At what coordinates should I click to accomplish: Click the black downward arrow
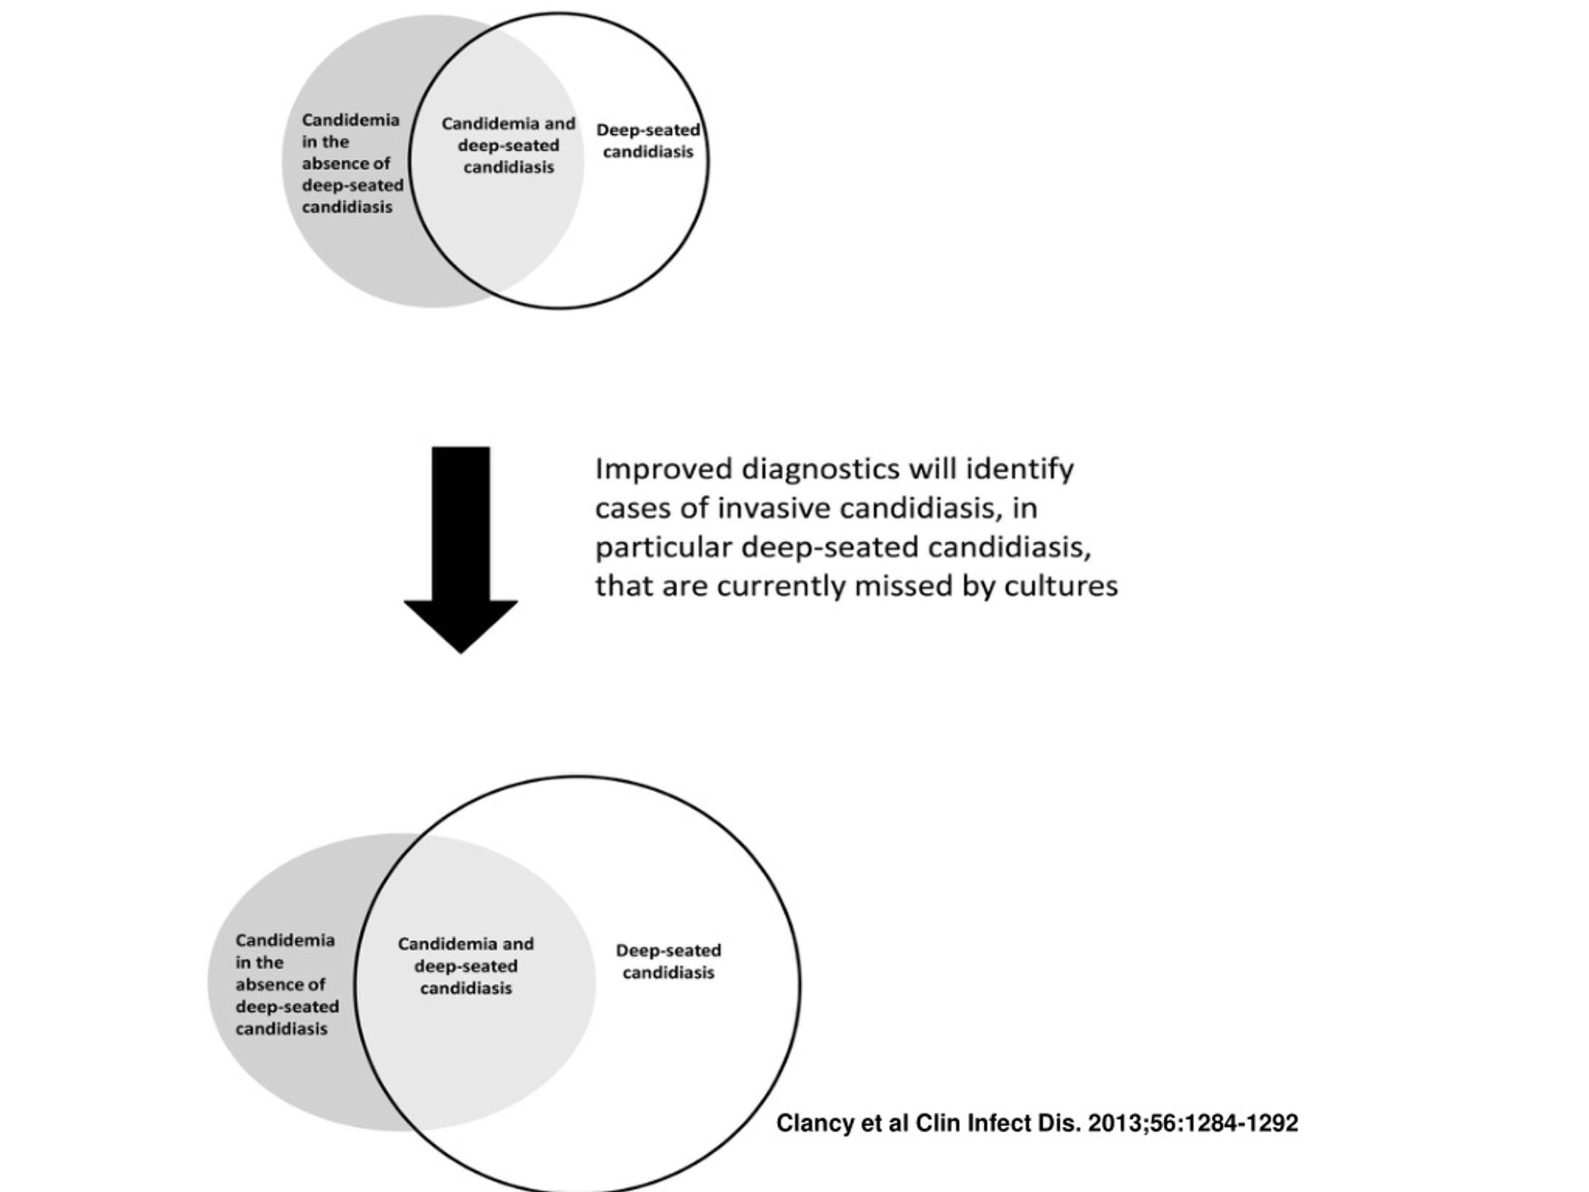[461, 549]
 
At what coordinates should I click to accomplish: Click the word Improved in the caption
[664, 470]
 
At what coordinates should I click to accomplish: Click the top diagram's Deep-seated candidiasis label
[648, 141]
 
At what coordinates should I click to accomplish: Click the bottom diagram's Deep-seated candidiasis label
[668, 961]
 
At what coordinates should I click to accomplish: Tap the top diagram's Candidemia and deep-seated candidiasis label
[508, 145]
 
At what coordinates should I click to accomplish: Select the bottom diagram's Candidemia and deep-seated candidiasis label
[466, 965]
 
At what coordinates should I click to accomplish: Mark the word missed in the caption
[903, 586]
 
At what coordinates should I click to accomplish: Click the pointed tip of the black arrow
[461, 653]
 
